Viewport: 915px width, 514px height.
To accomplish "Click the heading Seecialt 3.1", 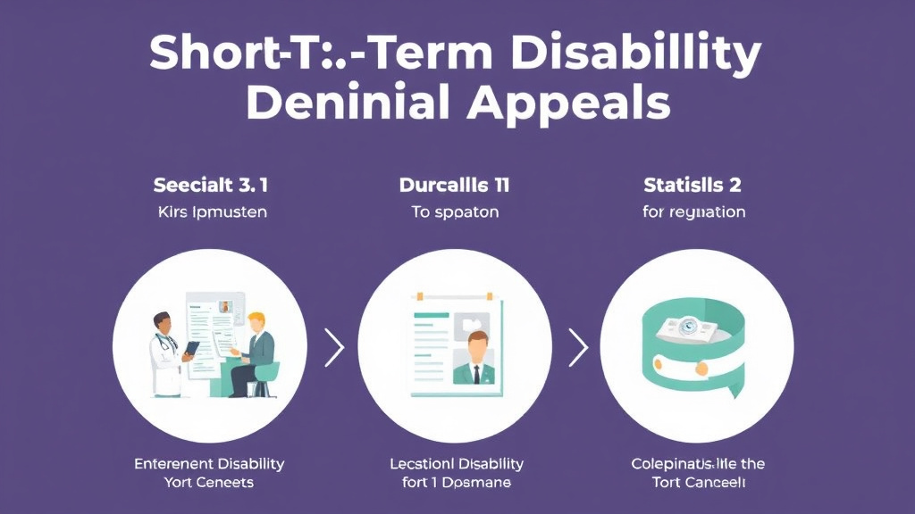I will click(x=211, y=187).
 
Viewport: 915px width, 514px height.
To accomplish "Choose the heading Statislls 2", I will click(x=693, y=187).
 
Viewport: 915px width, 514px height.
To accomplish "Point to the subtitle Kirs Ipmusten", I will click(x=211, y=213).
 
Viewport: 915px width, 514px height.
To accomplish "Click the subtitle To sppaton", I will click(x=456, y=213).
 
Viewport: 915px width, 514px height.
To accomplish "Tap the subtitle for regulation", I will click(x=693, y=213).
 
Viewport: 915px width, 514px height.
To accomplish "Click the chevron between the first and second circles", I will click(x=334, y=347).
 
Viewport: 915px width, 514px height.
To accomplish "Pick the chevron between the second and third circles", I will click(x=578, y=347).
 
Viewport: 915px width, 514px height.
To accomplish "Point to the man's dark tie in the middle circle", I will click(x=477, y=372).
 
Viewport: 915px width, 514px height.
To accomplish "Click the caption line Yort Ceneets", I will click(x=209, y=483).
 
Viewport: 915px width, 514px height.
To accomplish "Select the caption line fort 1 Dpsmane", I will click(x=456, y=483).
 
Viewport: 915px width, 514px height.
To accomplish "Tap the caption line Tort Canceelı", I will click(x=698, y=483).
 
